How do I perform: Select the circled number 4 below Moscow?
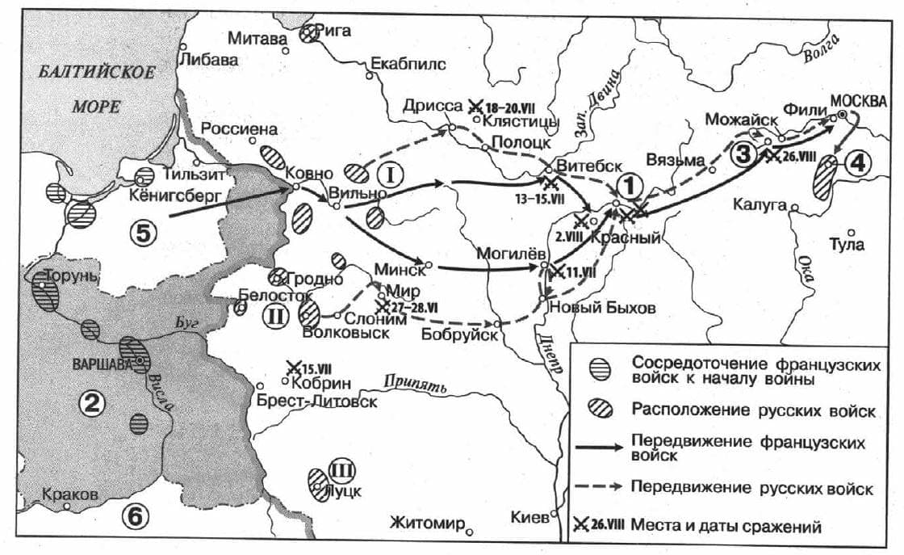point(858,163)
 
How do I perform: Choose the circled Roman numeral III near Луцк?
point(340,469)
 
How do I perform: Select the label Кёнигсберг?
point(170,195)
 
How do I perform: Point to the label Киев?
point(529,516)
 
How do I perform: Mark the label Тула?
point(847,244)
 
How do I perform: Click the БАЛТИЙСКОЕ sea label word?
point(97,73)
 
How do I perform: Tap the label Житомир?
point(427,524)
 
